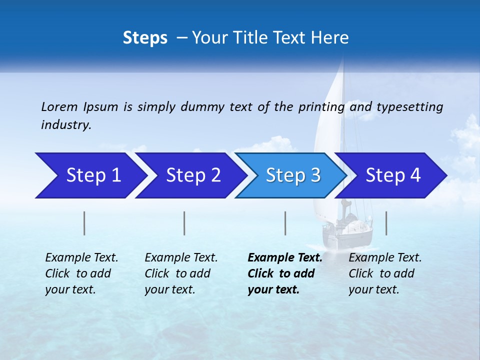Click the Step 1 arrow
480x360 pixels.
[90, 175]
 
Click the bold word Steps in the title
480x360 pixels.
[145, 38]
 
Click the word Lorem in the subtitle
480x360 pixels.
[59, 106]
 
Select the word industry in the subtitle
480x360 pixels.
[65, 125]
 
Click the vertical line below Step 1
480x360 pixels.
[84, 223]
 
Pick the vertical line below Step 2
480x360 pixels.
[184, 223]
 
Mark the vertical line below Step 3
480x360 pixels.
[285, 223]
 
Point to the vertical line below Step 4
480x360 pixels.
[386, 223]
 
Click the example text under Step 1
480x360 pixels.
[81, 273]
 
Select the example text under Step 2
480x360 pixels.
[181, 273]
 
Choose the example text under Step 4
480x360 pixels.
[385, 273]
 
